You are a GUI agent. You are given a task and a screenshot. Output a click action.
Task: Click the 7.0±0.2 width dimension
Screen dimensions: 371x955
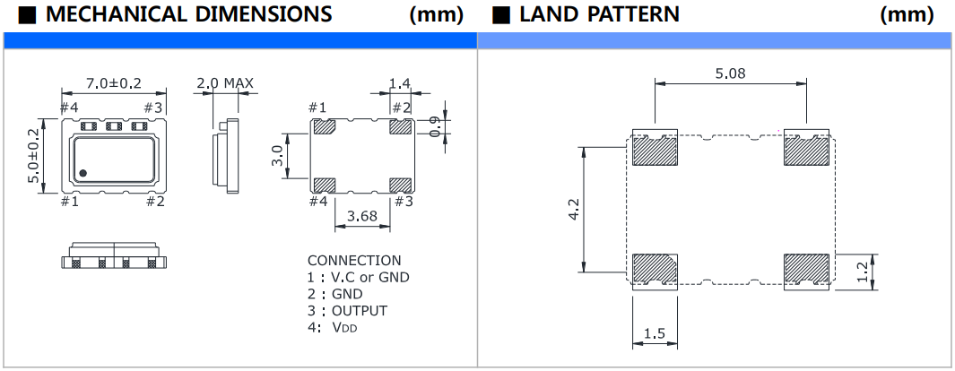[x=113, y=83]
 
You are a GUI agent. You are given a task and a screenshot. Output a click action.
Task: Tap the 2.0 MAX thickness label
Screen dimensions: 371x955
[x=225, y=84]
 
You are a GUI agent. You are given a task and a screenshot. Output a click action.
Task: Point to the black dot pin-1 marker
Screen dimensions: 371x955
[x=82, y=172]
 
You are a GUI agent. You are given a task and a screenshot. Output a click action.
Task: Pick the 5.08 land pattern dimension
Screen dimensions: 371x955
[x=730, y=73]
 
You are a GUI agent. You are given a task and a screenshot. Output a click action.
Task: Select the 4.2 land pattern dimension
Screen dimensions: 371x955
[x=575, y=208]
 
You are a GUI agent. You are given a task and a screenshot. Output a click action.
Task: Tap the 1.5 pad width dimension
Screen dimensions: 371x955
[x=654, y=334]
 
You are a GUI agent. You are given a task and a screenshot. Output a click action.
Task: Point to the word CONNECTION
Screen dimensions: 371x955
[x=354, y=261]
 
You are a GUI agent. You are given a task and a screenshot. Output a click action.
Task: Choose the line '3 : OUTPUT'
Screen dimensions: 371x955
[x=348, y=310]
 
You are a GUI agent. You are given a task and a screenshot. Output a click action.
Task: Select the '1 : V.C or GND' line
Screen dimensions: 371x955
[x=358, y=277]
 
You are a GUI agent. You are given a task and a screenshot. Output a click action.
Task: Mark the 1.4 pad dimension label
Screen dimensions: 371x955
[x=398, y=83]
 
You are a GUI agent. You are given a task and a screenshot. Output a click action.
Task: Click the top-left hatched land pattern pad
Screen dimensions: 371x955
[x=654, y=151]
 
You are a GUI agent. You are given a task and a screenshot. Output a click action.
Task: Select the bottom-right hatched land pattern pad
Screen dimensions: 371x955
[x=805, y=269]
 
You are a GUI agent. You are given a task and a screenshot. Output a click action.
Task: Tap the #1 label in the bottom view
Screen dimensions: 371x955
[x=317, y=108]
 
